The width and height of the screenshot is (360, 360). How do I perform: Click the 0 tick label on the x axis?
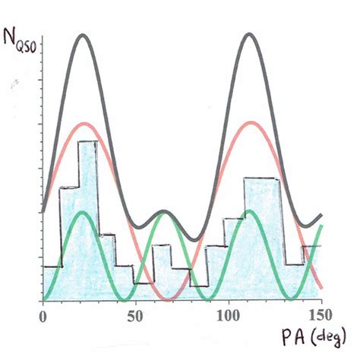pyautogui.click(x=43, y=314)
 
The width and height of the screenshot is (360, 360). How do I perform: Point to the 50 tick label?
pyautogui.click(x=135, y=314)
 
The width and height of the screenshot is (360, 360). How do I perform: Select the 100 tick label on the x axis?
pyautogui.click(x=229, y=314)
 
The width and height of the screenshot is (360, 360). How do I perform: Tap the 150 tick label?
pyautogui.click(x=321, y=314)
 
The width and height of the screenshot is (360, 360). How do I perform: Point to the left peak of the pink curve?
pyautogui.click(x=85, y=123)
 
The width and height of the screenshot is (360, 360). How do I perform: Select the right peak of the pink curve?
pyautogui.click(x=248, y=123)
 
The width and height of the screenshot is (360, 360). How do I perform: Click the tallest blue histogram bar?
pyautogui.click(x=88, y=220)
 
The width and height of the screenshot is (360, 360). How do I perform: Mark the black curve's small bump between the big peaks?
pyautogui.click(x=165, y=211)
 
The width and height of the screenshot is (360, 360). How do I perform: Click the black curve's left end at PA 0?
pyautogui.click(x=44, y=211)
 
